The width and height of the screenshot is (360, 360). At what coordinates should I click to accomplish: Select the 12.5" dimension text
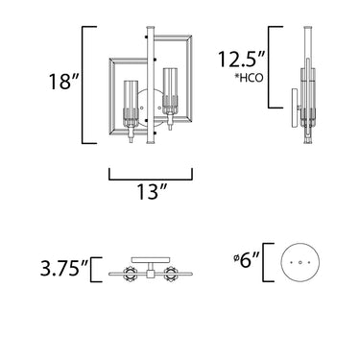point(242,59)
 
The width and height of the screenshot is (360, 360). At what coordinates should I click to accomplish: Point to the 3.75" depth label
point(64,269)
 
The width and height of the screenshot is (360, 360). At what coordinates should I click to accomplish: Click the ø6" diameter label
point(247,261)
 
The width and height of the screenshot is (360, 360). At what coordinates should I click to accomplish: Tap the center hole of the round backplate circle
point(300,262)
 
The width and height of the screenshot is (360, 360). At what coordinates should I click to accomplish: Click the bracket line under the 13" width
point(151,180)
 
